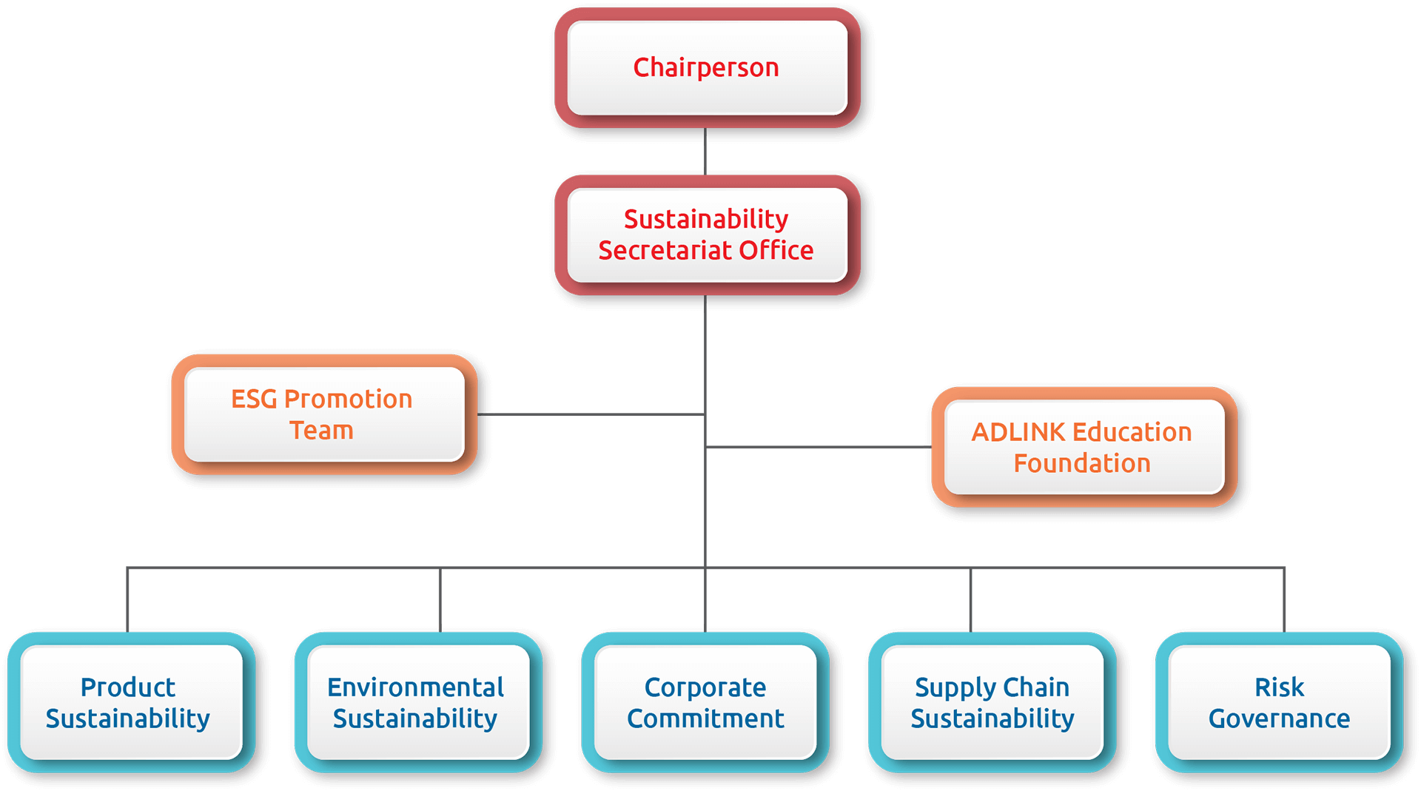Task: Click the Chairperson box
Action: coord(707,67)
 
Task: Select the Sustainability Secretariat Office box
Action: coord(707,235)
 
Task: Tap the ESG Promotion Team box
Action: coord(324,414)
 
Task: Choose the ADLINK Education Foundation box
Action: coord(1084,447)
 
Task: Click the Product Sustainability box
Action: coord(131,702)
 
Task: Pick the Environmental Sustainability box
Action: coord(418,702)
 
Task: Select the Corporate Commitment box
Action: coord(705,702)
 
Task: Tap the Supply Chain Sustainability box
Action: coord(992,702)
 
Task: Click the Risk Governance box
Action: coord(1280,702)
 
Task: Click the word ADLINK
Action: coord(1018,431)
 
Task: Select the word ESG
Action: coord(254,399)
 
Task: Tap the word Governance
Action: coord(1279,718)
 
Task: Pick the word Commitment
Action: coord(705,718)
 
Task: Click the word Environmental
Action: coord(415,687)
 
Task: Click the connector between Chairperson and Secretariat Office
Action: coord(705,152)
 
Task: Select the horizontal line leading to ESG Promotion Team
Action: coord(591,414)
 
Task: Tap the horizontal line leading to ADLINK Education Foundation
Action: coord(819,447)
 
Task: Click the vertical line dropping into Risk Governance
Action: coord(1284,600)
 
